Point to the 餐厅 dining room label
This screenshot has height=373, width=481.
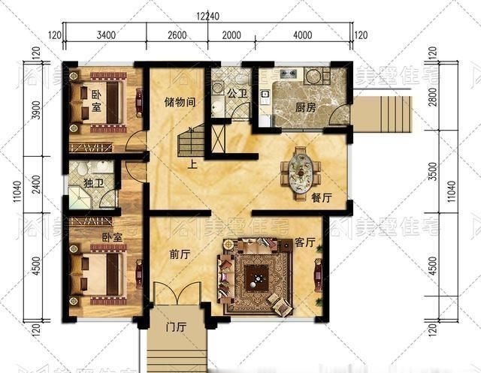click(321, 198)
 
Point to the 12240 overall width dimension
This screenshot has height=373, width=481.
click(208, 17)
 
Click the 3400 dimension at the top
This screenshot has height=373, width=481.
click(105, 35)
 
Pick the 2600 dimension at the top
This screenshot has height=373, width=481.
click(177, 35)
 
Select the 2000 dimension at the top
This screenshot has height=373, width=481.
click(231, 35)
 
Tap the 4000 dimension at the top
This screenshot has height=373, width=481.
click(302, 35)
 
